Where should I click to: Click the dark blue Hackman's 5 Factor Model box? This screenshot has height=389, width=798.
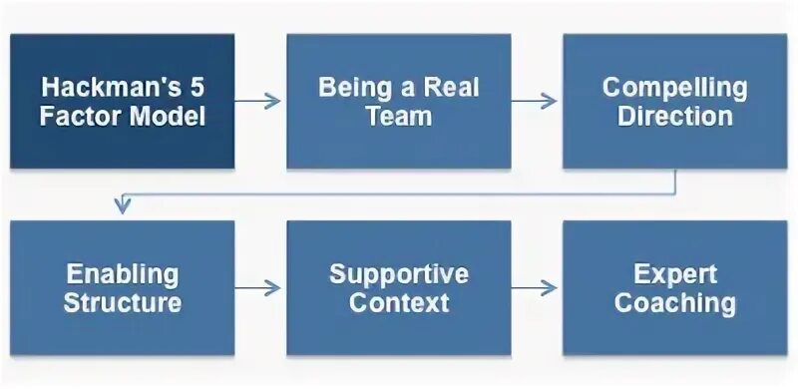123,102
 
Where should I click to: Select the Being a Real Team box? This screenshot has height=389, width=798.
399,102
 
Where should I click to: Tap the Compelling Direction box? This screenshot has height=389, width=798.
675,102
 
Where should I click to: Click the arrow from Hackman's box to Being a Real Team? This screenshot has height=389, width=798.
260,101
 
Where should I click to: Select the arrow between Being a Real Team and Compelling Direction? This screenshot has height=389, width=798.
537,101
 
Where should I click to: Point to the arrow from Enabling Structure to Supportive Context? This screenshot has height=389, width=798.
260,288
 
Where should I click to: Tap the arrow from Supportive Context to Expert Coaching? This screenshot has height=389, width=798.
537,288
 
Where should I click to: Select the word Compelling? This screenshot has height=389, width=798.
675,87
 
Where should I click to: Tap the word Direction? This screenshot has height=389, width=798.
675,116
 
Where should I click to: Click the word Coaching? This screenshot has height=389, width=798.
675,303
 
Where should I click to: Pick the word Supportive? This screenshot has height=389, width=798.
399,274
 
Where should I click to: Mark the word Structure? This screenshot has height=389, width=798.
123,303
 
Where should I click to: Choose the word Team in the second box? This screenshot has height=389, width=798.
399,116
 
